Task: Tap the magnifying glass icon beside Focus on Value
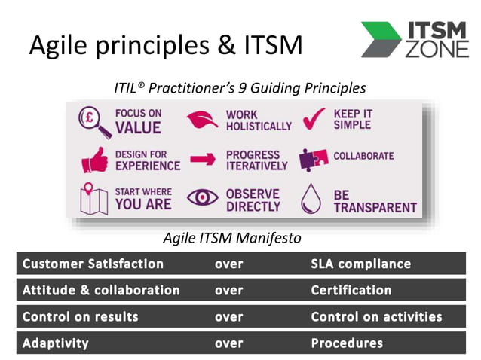[94, 121]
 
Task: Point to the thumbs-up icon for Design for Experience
[94, 160]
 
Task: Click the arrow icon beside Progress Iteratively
[203, 160]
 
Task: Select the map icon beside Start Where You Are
[94, 199]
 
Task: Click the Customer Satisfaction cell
[93, 264]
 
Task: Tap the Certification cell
[351, 290]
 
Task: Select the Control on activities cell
[376, 316]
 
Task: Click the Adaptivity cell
[55, 343]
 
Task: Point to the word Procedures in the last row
[346, 343]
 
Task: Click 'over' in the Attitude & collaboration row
[228, 290]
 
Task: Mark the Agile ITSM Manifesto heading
[233, 239]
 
